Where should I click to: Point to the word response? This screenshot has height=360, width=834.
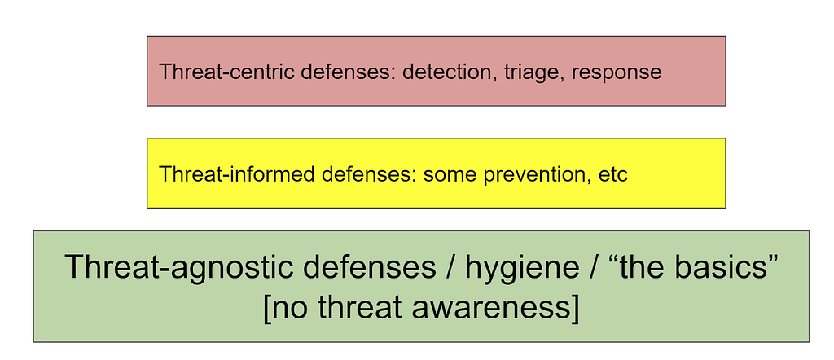[x=617, y=72]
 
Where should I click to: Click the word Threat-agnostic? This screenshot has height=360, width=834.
[x=178, y=266]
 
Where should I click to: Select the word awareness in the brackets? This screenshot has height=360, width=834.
[x=488, y=308]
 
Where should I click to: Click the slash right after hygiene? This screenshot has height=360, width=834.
[x=595, y=266]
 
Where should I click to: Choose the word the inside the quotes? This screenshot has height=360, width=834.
[x=642, y=266]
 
